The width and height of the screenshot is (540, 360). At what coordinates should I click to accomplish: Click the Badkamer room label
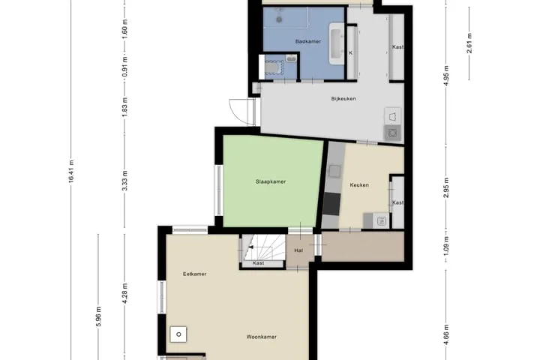click(x=308, y=41)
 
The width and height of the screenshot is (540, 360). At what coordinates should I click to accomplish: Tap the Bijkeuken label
click(x=343, y=98)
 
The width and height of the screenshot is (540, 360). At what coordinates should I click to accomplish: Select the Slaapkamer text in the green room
click(x=271, y=181)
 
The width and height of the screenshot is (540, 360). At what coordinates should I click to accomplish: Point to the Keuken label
click(x=359, y=185)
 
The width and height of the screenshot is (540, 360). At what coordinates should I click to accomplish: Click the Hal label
click(x=298, y=250)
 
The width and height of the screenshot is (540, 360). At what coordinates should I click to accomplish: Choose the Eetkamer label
click(x=194, y=274)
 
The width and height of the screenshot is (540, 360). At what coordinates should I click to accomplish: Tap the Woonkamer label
click(x=262, y=337)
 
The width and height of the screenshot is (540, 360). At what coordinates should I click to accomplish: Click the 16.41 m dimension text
click(x=71, y=171)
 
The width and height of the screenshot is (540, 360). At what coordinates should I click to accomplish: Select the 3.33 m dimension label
click(x=125, y=181)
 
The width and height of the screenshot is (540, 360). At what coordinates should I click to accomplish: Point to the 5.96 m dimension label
click(x=98, y=316)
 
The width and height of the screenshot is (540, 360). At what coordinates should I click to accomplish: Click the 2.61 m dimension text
click(x=469, y=43)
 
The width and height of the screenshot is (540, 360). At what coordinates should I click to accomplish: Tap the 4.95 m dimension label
click(x=446, y=76)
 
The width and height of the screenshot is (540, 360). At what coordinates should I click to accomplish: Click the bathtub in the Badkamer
click(x=337, y=43)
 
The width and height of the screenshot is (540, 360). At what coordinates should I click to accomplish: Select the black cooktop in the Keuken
click(x=331, y=203)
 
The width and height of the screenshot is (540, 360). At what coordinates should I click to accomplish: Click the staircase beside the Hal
click(x=264, y=247)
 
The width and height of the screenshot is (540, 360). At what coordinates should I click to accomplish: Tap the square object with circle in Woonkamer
click(x=178, y=334)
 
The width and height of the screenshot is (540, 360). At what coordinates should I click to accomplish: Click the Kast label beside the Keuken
click(x=397, y=202)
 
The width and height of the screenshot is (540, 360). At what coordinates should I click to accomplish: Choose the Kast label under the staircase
click(x=258, y=262)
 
